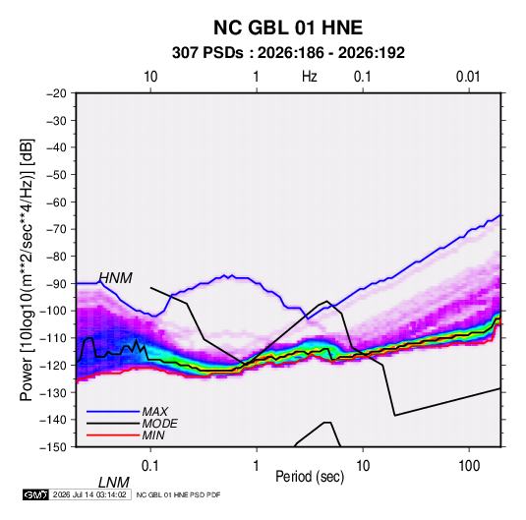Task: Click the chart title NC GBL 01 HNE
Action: [288, 28]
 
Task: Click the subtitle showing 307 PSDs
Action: [288, 53]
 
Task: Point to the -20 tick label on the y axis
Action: [56, 93]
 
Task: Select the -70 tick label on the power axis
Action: [56, 229]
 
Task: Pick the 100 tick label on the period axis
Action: [469, 466]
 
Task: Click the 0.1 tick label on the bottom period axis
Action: [150, 466]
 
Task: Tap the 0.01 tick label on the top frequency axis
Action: [468, 77]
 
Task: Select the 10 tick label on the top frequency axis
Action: [150, 77]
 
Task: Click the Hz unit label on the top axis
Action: [310, 77]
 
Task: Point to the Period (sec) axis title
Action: [310, 477]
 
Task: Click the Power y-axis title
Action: [27, 270]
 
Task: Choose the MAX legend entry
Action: [155, 412]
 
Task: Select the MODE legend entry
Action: [159, 424]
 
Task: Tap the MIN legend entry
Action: [153, 435]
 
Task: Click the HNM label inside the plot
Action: [116, 278]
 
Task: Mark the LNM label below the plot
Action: [114, 483]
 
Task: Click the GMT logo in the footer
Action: [35, 494]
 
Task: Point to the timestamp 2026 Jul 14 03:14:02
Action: [89, 494]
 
